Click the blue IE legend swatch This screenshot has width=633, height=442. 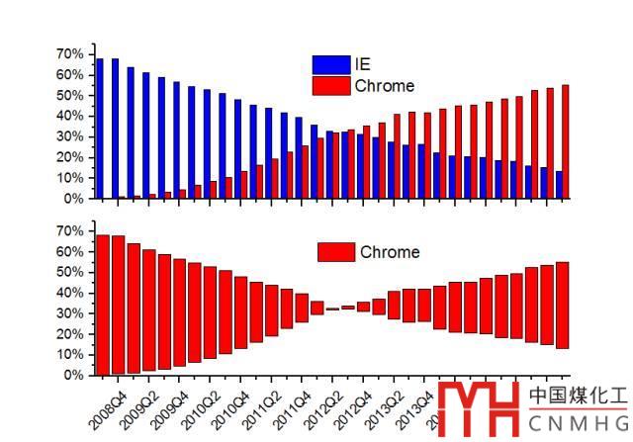[330, 64]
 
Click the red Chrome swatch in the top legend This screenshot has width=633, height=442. [330, 86]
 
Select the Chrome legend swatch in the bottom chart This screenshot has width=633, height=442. [336, 252]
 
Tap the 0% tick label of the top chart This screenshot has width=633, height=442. [75, 198]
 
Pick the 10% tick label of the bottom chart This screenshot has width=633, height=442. [71, 355]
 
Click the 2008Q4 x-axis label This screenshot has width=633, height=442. [107, 407]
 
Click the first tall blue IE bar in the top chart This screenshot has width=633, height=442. [100, 129]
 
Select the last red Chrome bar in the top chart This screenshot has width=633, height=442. [566, 141]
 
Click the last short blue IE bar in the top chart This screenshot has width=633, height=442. [559, 185]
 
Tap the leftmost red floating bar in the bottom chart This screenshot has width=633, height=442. [102, 305]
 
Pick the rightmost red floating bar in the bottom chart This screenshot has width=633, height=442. [563, 305]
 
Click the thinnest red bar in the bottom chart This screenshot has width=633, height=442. [332, 309]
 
